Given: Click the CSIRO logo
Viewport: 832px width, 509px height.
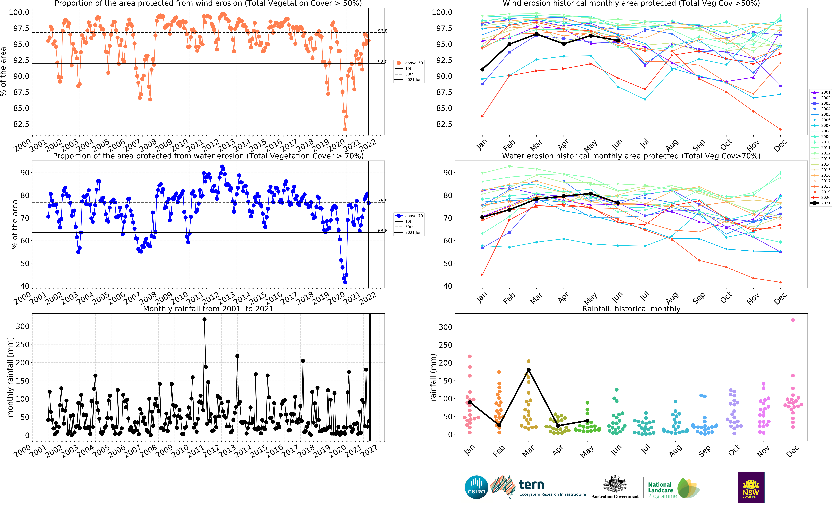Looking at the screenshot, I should [476, 487].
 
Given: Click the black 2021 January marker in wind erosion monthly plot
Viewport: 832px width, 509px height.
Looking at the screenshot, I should [482, 70].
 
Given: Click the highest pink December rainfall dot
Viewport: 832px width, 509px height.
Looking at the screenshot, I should [793, 320].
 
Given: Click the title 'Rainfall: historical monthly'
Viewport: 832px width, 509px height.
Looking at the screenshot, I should [631, 309].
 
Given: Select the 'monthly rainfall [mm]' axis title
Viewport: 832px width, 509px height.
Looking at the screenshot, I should [10, 377].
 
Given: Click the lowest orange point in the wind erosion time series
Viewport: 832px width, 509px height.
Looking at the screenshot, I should [345, 129].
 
